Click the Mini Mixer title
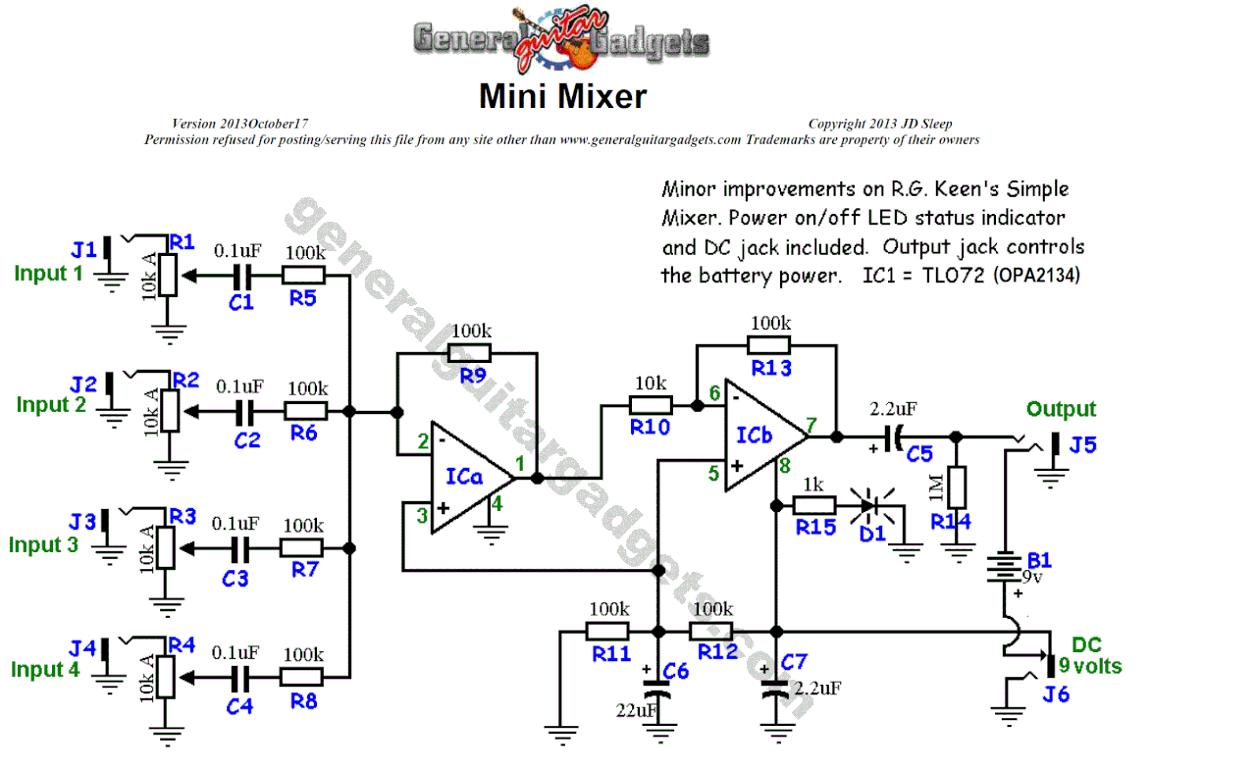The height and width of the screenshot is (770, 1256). pyautogui.click(x=562, y=96)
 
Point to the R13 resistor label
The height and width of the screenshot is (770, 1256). pyautogui.click(x=770, y=368)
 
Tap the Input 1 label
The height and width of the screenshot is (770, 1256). pyautogui.click(x=48, y=274)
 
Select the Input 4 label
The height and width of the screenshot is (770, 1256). pyautogui.click(x=45, y=670)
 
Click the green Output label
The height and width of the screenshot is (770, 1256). pyautogui.click(x=1061, y=409)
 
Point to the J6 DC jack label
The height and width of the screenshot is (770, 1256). pyautogui.click(x=1056, y=694)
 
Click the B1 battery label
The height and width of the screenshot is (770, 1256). pyautogui.click(x=1039, y=560)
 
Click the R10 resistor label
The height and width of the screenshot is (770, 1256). pyautogui.click(x=649, y=427)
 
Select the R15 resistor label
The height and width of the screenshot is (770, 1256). pyautogui.click(x=815, y=528)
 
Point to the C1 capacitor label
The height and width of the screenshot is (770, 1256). pyautogui.click(x=241, y=303)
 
